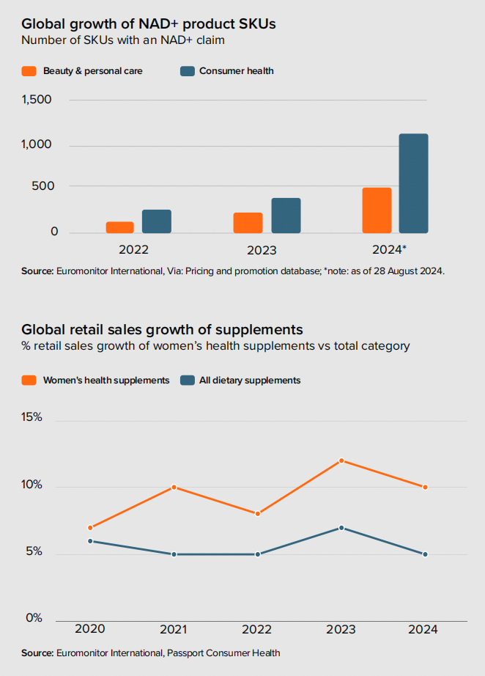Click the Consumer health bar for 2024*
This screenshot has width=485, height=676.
click(413, 183)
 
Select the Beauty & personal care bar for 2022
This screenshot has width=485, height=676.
click(120, 227)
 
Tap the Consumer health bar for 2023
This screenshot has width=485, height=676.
click(286, 216)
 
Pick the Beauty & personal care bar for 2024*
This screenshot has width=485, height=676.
click(377, 210)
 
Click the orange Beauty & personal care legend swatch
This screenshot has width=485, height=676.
click(29, 71)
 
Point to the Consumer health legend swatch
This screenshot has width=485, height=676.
click(187, 71)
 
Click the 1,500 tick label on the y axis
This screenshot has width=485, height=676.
click(37, 100)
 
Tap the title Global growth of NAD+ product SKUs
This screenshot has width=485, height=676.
click(149, 24)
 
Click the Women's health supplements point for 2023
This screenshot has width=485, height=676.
click(341, 460)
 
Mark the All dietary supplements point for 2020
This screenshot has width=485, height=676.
click(90, 541)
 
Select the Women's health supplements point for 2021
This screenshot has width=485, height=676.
click(174, 487)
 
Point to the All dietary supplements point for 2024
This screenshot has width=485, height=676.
click(425, 554)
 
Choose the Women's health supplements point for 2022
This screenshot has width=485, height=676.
click(257, 513)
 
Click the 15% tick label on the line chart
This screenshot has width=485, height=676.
click(32, 417)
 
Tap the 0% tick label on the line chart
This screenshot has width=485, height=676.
click(34, 618)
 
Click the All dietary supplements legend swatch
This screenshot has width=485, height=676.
click(187, 380)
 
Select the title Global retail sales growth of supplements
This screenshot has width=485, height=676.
click(162, 329)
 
